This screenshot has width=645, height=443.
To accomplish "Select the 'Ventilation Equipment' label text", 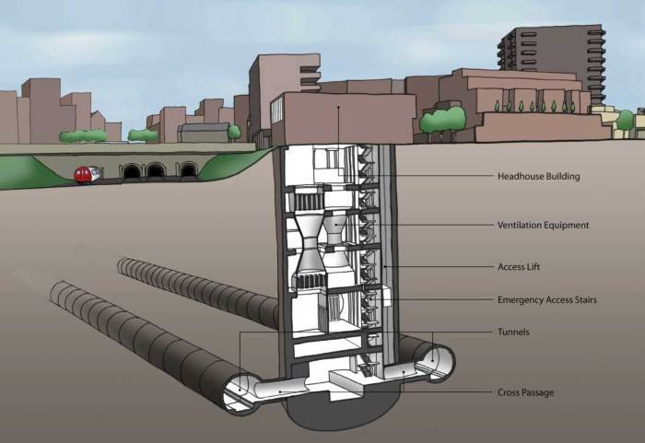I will (x=543, y=225).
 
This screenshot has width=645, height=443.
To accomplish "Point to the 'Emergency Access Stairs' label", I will (x=550, y=300).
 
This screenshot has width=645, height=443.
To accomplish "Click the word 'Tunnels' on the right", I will (x=513, y=332).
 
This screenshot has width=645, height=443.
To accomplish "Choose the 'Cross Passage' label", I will (x=525, y=392).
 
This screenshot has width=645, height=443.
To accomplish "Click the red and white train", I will (x=86, y=174).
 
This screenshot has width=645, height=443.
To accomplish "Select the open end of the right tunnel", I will (x=434, y=363).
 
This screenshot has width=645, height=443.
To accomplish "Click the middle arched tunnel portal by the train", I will (x=157, y=171).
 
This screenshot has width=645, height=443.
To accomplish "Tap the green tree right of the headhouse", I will (x=442, y=121).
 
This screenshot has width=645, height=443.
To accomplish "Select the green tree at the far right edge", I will (x=626, y=121).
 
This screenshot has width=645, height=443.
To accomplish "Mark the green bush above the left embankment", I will (x=83, y=136).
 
